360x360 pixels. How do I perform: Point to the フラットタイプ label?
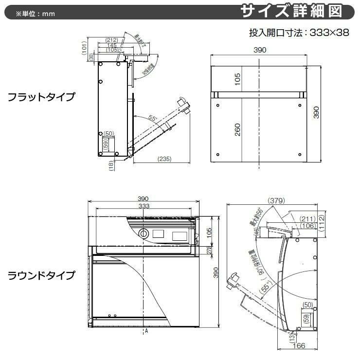[41, 96]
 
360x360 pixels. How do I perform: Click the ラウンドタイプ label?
[41, 276]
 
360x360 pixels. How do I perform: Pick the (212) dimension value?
[111, 40]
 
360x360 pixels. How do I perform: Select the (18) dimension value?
[111, 165]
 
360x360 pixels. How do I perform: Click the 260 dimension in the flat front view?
[237, 129]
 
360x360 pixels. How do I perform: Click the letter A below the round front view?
[145, 331]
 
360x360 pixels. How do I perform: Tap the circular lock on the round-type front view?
[144, 234]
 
